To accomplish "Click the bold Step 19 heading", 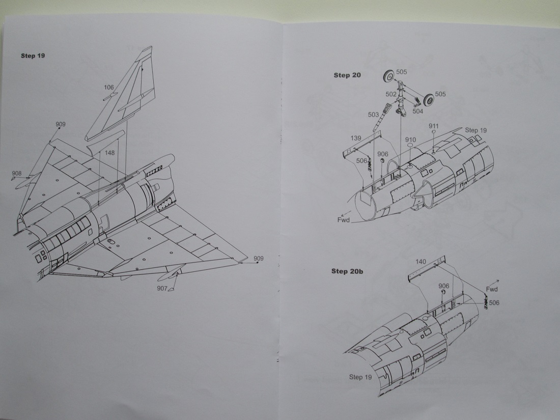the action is point(33,55).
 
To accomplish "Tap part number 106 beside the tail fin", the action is point(108,88).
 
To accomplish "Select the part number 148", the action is point(109,153).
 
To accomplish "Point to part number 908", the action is point(17,174).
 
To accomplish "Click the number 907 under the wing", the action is point(162,289).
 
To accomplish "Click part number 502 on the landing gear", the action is point(391,94).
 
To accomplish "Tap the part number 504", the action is point(417,110).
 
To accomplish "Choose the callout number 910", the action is point(410,139).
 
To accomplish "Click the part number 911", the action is point(434,126).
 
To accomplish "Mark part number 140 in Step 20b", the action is point(421,261).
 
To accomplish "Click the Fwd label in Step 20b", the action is point(491,289).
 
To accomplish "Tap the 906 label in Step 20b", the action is point(443,286).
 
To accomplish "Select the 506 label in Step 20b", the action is point(494,302).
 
